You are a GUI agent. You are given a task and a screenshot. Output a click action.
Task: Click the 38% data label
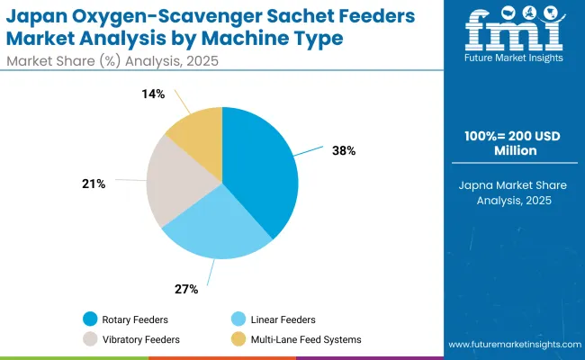coord(344,151)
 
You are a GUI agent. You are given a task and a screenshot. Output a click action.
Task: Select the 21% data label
coord(94,184)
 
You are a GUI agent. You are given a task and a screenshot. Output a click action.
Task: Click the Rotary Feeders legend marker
coord(91,319)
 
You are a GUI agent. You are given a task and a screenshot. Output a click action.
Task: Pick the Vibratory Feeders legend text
coord(141,339)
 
